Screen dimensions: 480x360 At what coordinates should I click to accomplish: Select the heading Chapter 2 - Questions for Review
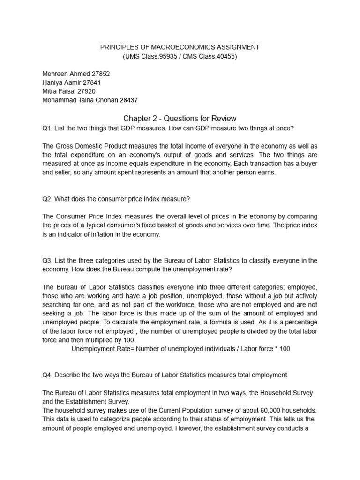point(180,118)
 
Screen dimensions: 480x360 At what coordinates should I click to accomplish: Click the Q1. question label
point(47,128)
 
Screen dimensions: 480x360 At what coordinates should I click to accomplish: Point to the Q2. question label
point(47,199)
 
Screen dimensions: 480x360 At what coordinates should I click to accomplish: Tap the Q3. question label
point(47,260)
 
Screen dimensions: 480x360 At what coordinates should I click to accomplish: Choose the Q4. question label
point(47,375)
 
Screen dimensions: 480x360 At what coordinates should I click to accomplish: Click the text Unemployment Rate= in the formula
point(99,349)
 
